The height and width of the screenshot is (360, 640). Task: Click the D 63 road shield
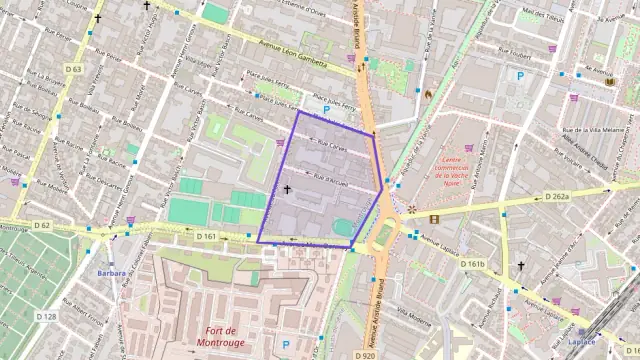(73, 69)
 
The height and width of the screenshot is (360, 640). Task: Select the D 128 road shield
(46, 316)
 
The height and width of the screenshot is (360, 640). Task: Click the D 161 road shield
(207, 236)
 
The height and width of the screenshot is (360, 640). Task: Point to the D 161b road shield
(471, 264)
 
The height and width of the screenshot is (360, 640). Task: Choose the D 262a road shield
(557, 197)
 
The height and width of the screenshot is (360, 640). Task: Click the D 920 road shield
(365, 354)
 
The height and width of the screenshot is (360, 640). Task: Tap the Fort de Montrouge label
(222, 337)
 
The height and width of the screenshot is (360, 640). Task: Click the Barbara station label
(111, 272)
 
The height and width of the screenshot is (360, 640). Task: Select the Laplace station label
(582, 342)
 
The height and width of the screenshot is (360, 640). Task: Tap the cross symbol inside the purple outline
(287, 188)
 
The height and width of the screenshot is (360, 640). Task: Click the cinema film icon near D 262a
(434, 218)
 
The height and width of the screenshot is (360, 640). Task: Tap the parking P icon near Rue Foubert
(519, 75)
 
